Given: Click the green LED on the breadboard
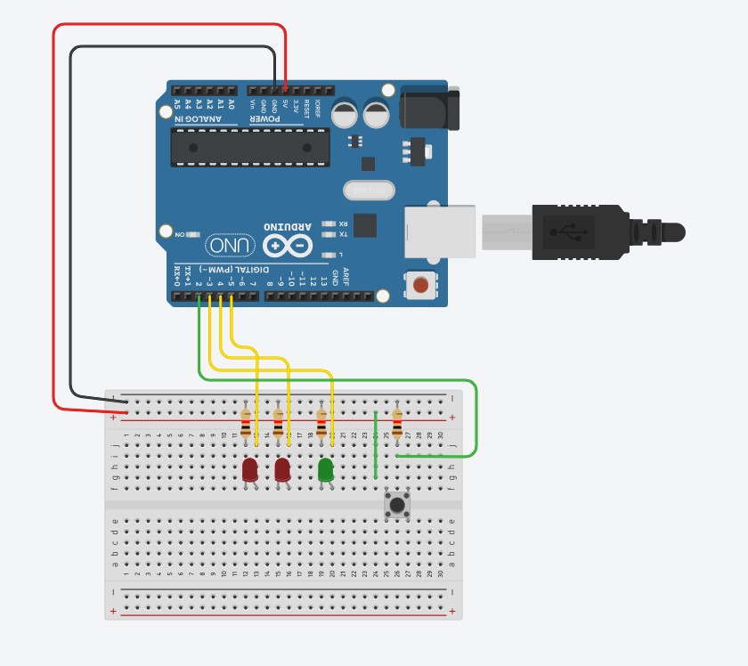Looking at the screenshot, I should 326,469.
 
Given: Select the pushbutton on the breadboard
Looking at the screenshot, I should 397,505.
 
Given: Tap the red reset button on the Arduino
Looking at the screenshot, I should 420,286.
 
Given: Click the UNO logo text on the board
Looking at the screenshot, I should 231,245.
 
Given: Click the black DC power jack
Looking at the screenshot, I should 430,109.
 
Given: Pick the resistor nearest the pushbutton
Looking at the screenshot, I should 397,423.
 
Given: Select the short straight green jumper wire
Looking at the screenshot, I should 376,445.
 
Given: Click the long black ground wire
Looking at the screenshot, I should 71,223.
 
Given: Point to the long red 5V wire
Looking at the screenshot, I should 54,223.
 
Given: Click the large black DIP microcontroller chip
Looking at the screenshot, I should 250,147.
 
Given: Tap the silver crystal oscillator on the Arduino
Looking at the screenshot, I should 368,191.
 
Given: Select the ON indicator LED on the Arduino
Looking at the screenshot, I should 192,234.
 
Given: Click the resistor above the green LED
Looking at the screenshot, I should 321,423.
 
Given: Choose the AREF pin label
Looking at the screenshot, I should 346,275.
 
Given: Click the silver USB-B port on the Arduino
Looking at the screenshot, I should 440,231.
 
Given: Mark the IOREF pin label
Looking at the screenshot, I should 317,109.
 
